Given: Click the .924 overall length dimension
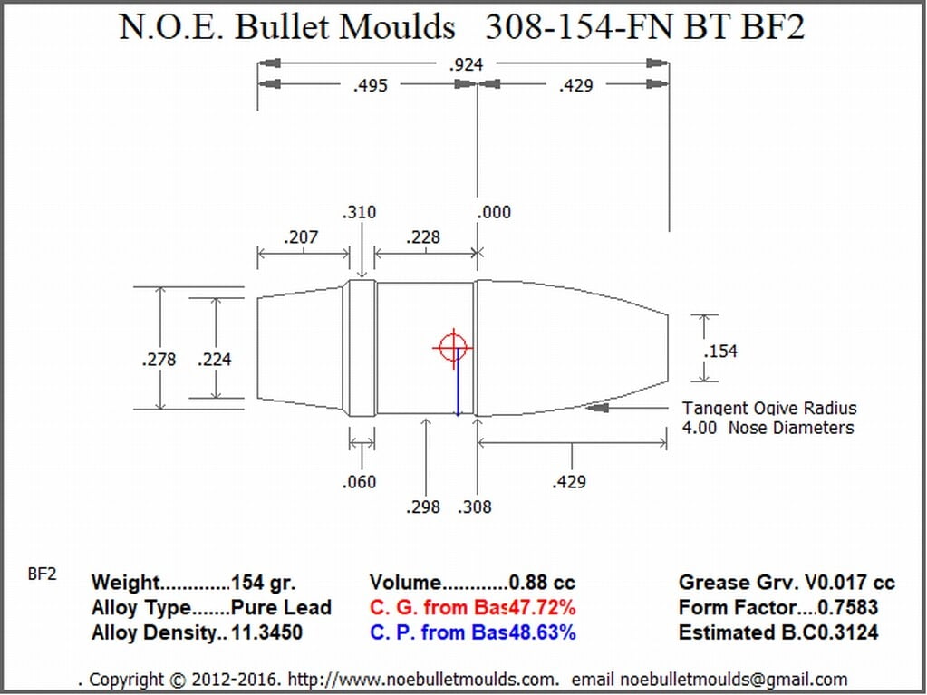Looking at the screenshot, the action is point(466,64).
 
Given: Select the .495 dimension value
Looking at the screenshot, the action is point(370,86).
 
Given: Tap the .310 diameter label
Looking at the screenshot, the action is point(359,212).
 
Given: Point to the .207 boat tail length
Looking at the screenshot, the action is point(301,237).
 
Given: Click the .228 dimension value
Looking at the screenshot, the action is point(423,237).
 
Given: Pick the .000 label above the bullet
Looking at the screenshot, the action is point(494,212).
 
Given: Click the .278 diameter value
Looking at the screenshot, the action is point(159,360).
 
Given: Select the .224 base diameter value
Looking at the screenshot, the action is point(215,360).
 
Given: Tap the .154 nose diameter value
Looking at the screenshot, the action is point(720,352).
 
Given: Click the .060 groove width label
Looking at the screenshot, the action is point(359,482).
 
